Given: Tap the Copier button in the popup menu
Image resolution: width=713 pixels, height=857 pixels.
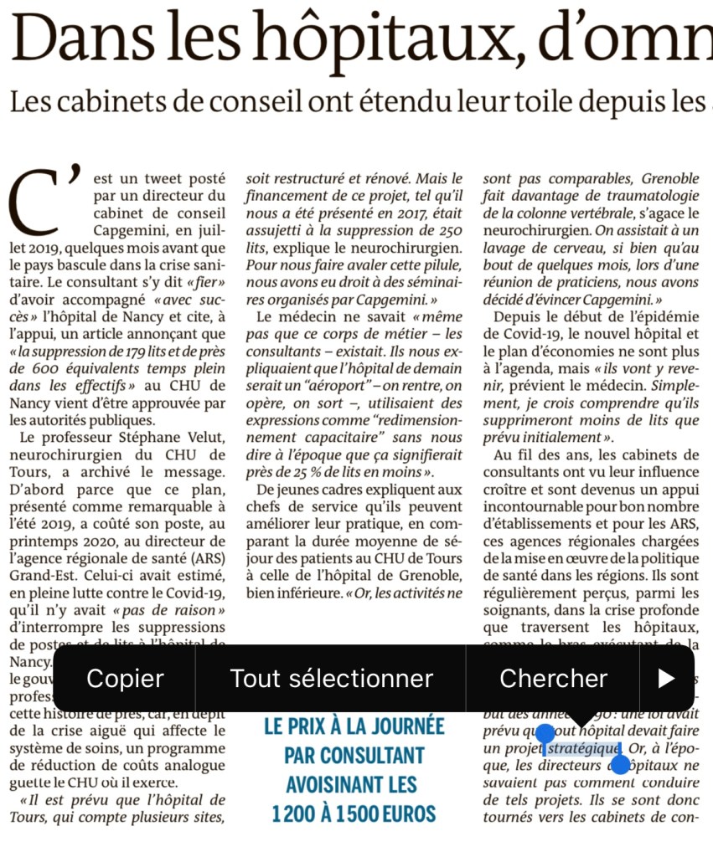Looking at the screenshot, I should pyautogui.click(x=125, y=678).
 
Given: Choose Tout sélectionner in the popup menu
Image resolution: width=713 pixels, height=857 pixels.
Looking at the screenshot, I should pyautogui.click(x=331, y=678).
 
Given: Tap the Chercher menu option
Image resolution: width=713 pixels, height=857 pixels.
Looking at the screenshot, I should pyautogui.click(x=553, y=678).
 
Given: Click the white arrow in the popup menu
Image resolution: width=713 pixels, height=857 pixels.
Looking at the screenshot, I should pyautogui.click(x=666, y=678).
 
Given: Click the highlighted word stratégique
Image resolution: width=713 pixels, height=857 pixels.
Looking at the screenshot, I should pyautogui.click(x=583, y=748).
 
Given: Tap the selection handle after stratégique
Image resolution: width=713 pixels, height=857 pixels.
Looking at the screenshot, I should pyautogui.click(x=620, y=762).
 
